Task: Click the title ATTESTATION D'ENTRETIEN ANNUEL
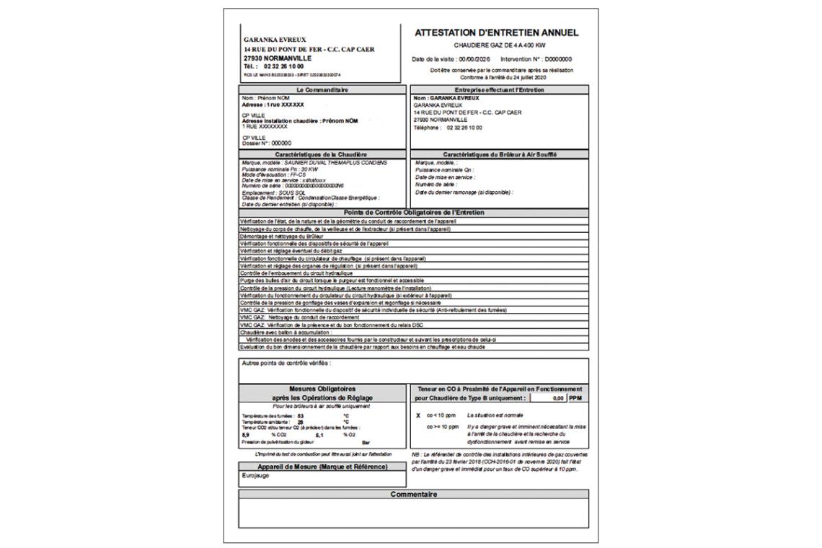497,32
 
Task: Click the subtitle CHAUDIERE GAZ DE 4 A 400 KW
497,45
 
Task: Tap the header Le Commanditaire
323,89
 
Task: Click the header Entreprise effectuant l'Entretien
500,89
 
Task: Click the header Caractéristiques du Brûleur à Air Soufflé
500,154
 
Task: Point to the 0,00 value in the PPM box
555,397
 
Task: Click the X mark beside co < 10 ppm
417,416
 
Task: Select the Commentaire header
413,494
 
